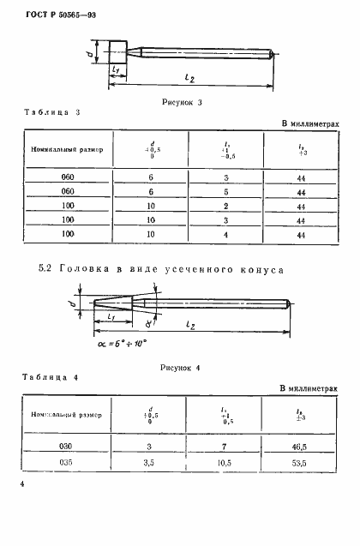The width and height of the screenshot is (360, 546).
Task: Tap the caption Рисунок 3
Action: point(180,102)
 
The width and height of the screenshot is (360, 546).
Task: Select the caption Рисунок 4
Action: point(180,368)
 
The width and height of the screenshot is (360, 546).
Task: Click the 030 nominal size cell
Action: point(67,448)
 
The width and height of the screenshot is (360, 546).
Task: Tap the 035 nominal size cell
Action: point(67,465)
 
